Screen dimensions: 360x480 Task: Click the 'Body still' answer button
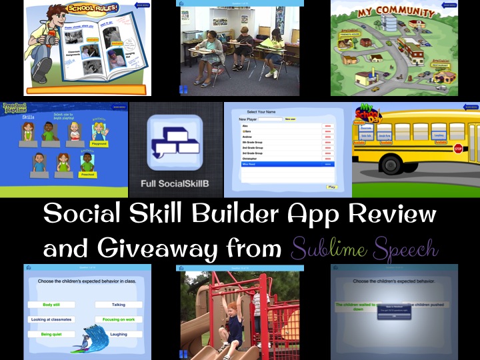(x=51, y=305)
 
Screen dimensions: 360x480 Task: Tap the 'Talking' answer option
(x=119, y=305)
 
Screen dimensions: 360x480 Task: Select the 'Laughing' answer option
(x=119, y=334)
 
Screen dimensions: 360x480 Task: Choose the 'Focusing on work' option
(x=119, y=319)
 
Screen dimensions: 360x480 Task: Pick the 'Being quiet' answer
(x=51, y=334)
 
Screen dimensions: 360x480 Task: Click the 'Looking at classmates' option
(x=51, y=319)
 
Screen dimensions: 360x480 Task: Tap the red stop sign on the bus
(x=458, y=149)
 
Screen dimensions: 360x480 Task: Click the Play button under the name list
(x=331, y=187)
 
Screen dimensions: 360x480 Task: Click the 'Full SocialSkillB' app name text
(x=176, y=182)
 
